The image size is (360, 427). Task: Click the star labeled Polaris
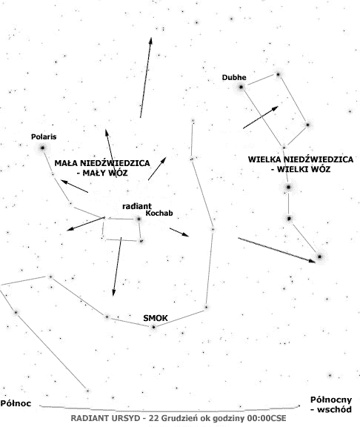click(43, 148)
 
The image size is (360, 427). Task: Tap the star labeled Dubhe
click(241, 87)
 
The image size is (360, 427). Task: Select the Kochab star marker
click(139, 219)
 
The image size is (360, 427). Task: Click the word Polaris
click(44, 136)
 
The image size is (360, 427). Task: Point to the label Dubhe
click(234, 77)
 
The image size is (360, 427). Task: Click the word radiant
click(137, 206)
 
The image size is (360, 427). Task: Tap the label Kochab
click(159, 213)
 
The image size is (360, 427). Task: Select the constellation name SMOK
click(156, 318)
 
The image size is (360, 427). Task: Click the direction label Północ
click(16, 403)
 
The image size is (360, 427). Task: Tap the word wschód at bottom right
click(334, 409)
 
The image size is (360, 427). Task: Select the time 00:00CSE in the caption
click(267, 418)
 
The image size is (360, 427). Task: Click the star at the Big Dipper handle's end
click(319, 256)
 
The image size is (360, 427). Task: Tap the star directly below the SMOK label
click(154, 327)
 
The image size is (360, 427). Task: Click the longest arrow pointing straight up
click(146, 78)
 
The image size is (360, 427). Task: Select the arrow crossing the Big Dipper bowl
click(261, 117)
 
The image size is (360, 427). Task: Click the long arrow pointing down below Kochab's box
click(117, 267)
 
